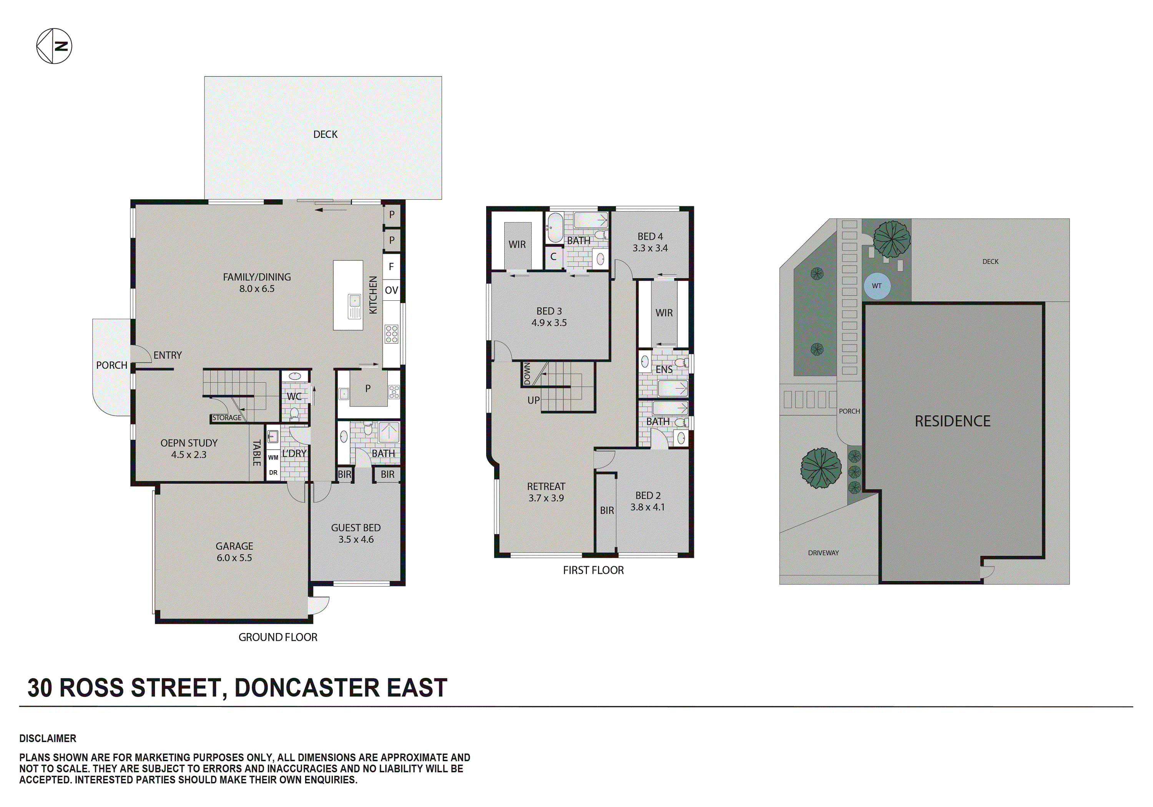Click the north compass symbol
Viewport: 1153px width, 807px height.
54,46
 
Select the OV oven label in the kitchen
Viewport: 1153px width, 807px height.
391,290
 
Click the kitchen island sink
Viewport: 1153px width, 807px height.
354,307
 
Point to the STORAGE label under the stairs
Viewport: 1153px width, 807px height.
226,418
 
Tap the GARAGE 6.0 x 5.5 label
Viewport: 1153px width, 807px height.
234,552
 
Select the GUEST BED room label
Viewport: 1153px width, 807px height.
356,533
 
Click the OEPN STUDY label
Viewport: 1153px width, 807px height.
189,449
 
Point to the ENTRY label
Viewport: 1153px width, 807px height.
168,355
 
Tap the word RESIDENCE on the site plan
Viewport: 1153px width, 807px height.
952,421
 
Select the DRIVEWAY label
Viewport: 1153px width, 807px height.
823,553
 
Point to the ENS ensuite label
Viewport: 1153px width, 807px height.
664,370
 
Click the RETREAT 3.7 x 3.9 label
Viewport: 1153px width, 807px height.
546,492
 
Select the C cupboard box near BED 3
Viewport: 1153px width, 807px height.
553,257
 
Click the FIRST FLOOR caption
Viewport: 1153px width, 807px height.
593,570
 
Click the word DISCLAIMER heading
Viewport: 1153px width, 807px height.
48,738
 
